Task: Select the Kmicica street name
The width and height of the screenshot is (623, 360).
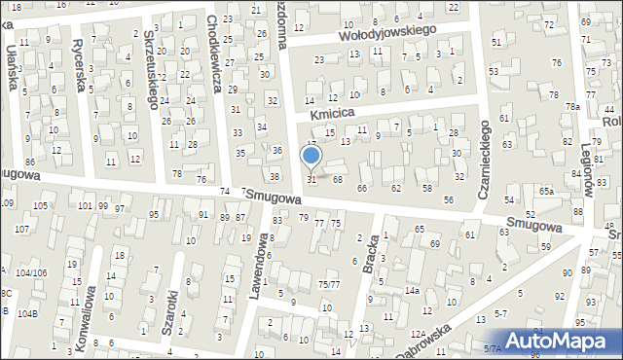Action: (x=328, y=114)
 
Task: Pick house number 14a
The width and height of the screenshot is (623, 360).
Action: (x=413, y=291)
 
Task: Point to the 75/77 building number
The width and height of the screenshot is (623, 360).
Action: (x=329, y=284)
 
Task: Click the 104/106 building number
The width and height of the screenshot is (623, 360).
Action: (x=31, y=273)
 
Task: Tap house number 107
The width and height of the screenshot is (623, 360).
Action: (x=22, y=229)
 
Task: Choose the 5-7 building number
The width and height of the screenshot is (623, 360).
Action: (x=501, y=314)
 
